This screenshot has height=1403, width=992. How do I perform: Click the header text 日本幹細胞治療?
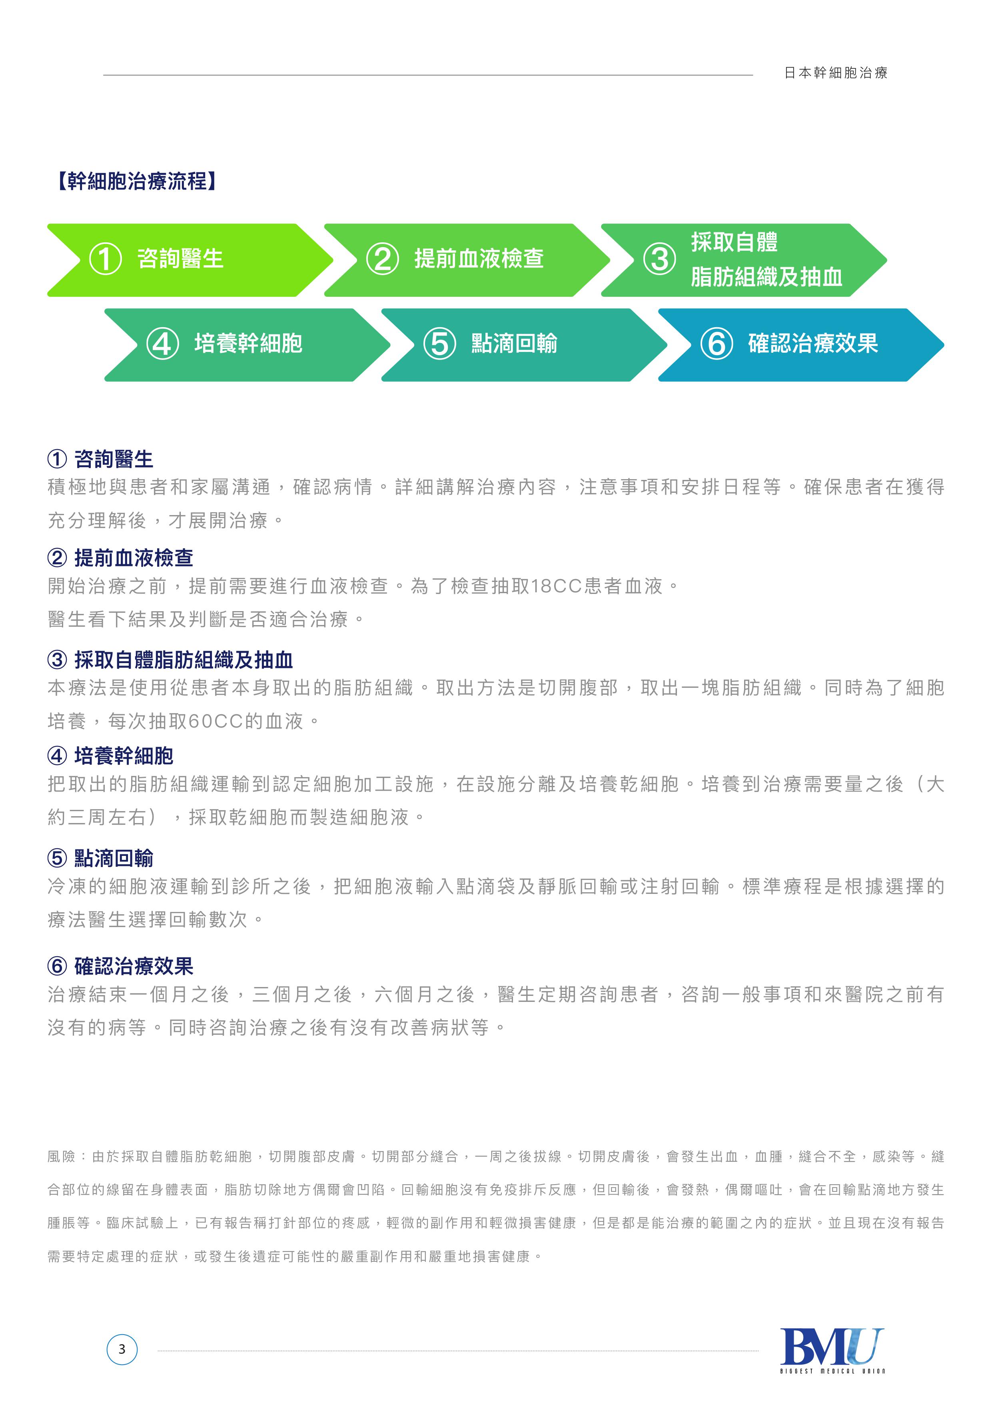(x=836, y=73)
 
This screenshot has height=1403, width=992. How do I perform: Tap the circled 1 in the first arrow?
(x=105, y=259)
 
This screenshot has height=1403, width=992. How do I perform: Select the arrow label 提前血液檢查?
(x=479, y=258)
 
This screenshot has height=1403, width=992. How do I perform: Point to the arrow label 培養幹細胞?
(x=248, y=344)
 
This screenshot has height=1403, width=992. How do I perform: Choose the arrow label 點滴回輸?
(x=514, y=344)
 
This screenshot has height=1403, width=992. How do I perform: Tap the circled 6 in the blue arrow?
(x=717, y=344)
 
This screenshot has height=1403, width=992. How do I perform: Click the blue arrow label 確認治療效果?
(x=813, y=344)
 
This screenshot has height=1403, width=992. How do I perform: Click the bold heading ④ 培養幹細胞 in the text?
(x=111, y=756)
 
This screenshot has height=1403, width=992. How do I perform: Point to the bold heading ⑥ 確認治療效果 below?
(x=120, y=966)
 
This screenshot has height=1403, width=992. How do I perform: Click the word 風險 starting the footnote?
(x=62, y=1157)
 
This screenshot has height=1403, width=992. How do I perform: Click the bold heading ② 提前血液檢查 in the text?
(x=120, y=558)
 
